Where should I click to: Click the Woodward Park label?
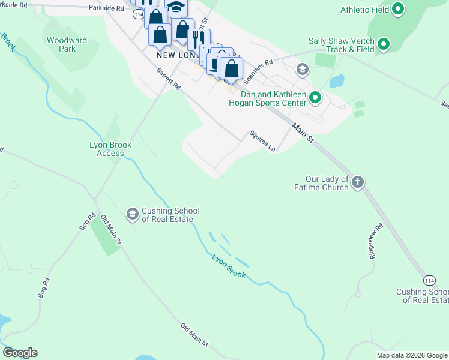click(67, 44)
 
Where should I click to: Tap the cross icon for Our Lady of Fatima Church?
click(357, 182)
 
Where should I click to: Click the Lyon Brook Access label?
click(110, 149)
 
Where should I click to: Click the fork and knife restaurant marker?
click(195, 39)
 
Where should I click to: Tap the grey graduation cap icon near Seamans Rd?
click(302, 70)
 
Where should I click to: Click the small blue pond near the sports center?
click(337, 81)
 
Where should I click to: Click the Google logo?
click(20, 353)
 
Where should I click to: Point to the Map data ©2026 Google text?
click(412, 355)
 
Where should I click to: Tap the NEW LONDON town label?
click(177, 55)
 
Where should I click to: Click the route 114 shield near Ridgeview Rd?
click(429, 280)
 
